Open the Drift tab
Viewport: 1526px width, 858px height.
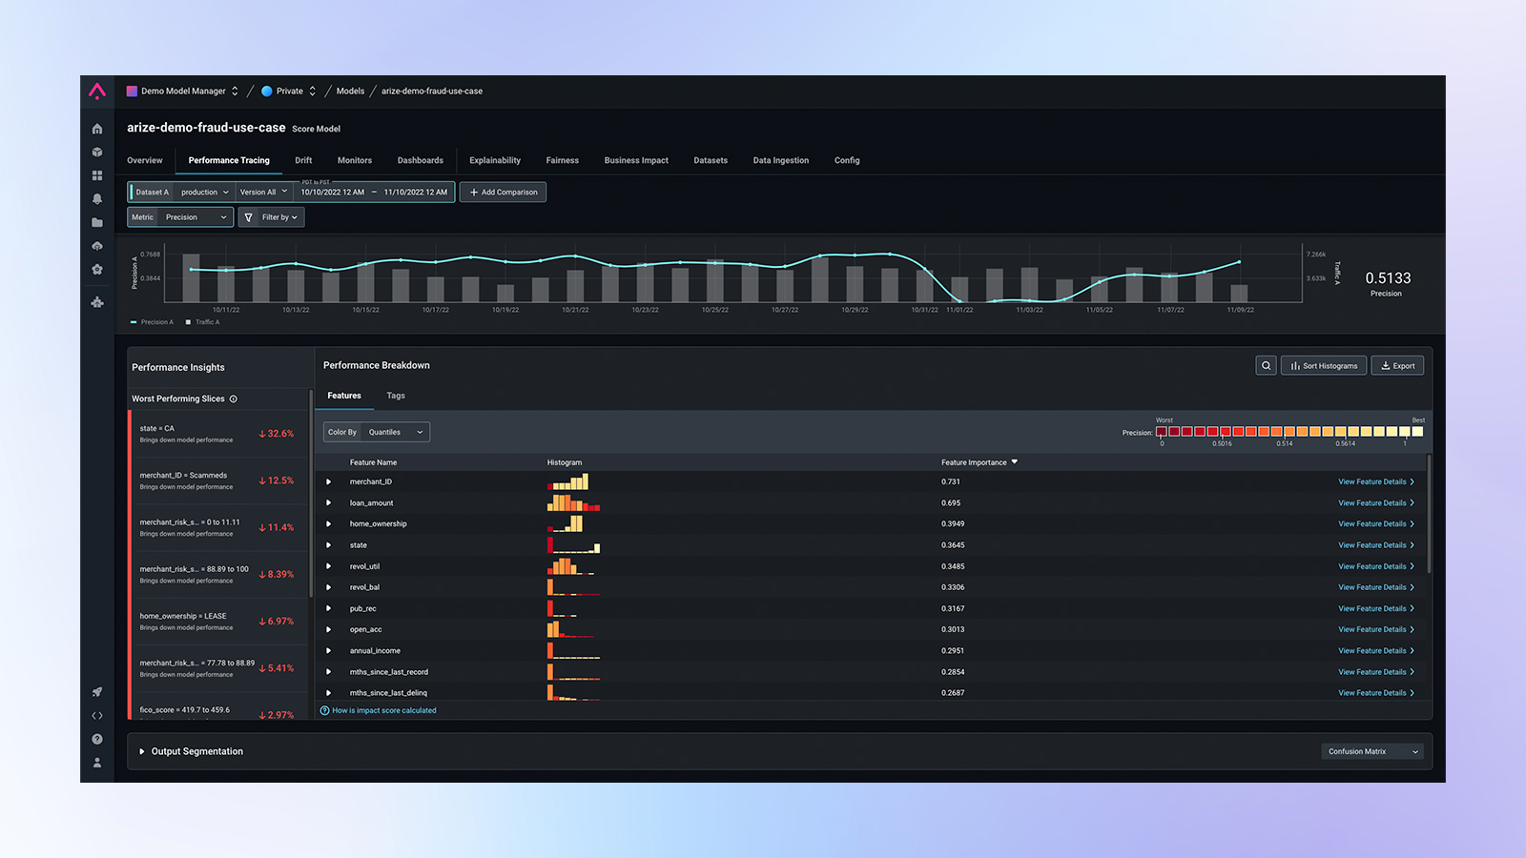(x=303, y=160)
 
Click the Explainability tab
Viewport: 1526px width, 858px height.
(x=494, y=160)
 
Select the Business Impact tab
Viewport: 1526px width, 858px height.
(x=635, y=160)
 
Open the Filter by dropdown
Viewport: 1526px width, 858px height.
(x=271, y=217)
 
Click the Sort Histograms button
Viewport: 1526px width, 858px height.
(x=1324, y=366)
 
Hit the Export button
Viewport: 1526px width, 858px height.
(x=1397, y=366)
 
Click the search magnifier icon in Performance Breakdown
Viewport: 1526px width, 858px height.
(x=1266, y=366)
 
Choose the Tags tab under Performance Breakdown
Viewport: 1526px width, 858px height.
(x=396, y=396)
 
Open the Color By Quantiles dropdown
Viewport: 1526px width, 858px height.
(x=377, y=432)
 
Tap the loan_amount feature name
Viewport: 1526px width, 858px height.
(x=371, y=503)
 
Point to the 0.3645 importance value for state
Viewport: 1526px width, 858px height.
(x=952, y=545)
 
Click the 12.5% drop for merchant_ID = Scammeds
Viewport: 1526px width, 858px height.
(x=277, y=480)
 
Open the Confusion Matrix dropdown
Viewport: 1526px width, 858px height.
(x=1371, y=751)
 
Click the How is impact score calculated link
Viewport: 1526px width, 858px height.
(x=383, y=710)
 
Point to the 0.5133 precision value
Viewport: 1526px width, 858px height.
(x=1387, y=278)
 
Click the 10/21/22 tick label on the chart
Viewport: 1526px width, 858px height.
(x=575, y=310)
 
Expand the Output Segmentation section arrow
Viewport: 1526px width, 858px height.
(x=142, y=751)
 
